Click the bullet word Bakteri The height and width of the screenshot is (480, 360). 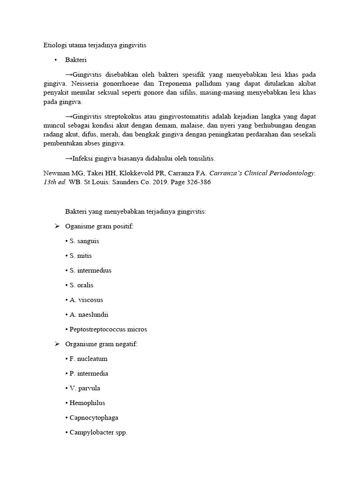[76, 60]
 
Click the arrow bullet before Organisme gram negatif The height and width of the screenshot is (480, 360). [57, 344]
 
